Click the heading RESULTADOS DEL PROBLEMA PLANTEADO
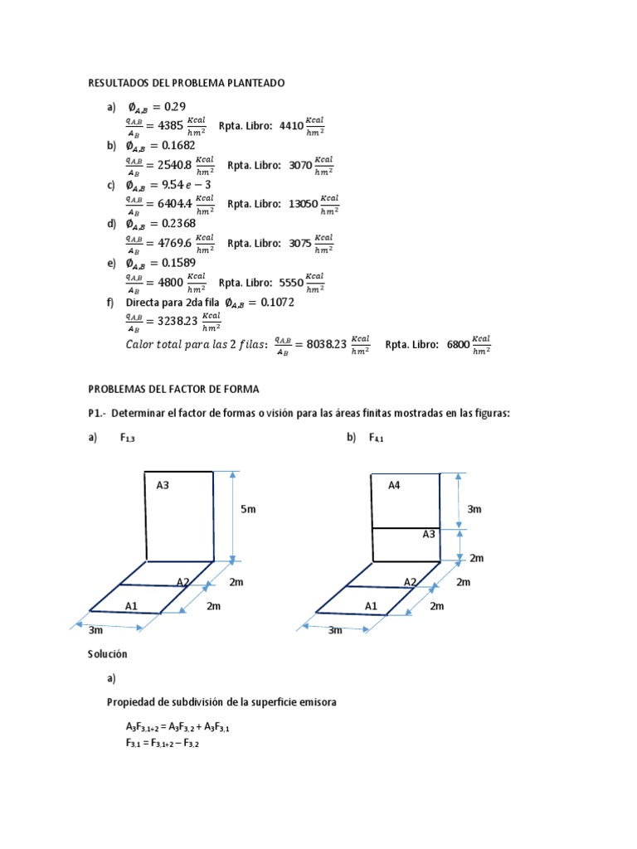coord(187,83)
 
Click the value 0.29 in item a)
coord(175,106)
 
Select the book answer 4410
coord(290,125)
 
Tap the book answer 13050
coord(303,204)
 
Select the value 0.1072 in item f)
coord(277,302)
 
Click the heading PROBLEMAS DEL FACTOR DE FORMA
coord(173,388)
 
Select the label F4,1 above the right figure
coord(377,438)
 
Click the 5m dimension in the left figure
coord(249,509)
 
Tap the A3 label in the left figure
coord(163,485)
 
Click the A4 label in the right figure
coord(395,485)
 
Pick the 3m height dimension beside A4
coord(474,509)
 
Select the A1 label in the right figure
coord(371,606)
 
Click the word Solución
coord(108,653)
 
